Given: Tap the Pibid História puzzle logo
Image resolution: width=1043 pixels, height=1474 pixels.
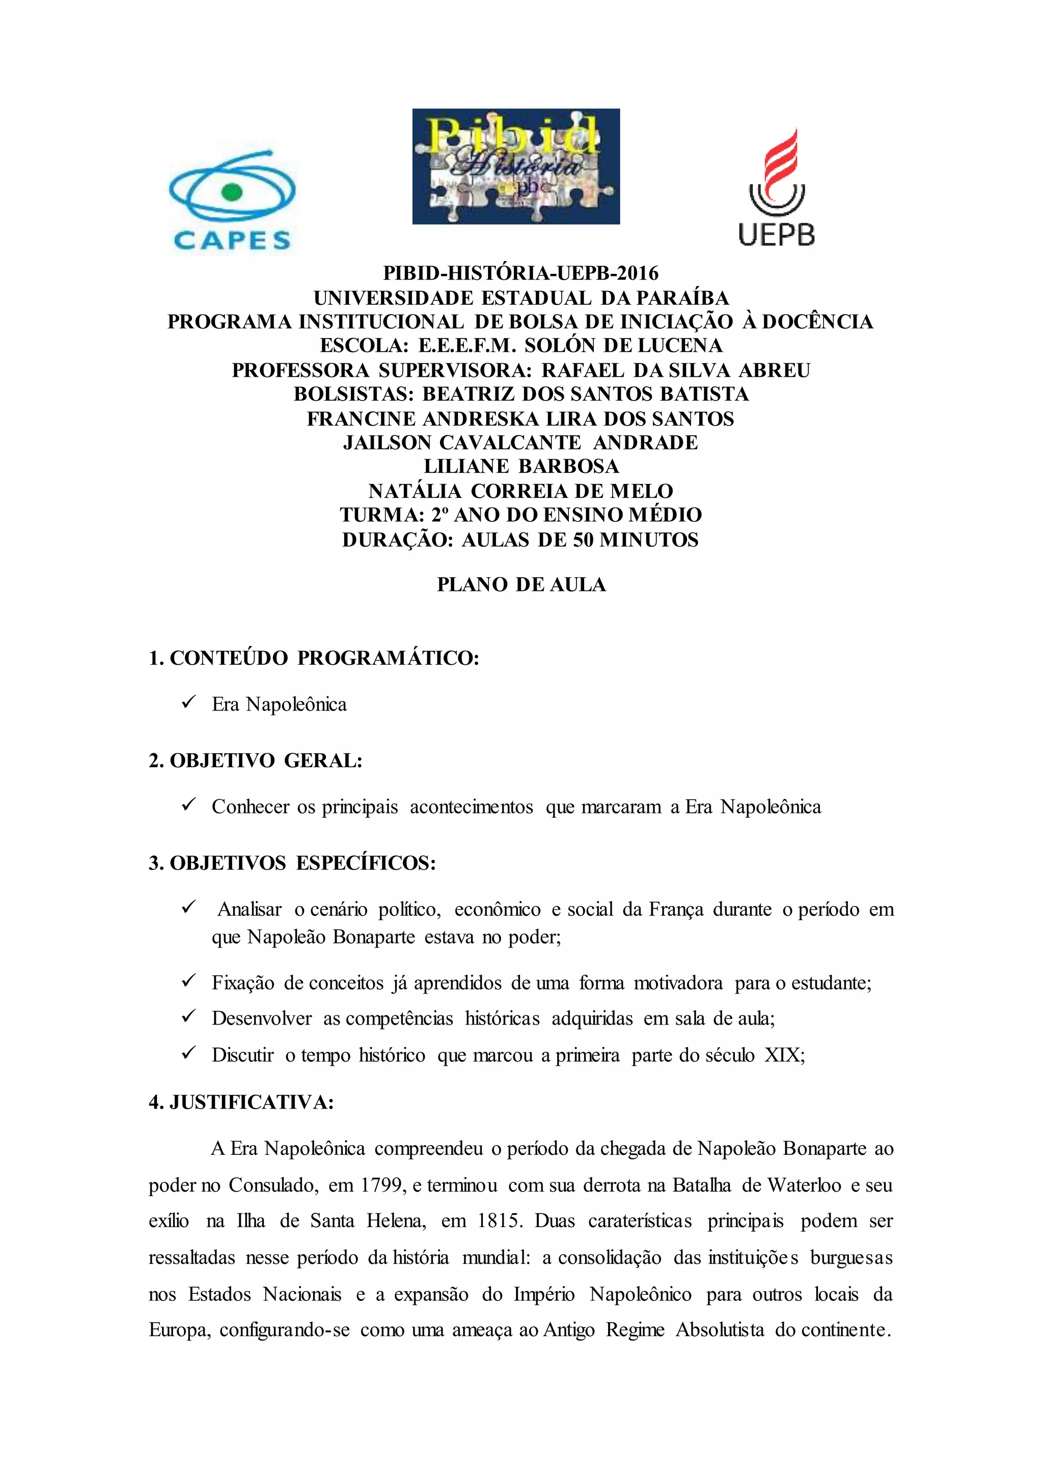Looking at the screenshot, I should coord(516,166).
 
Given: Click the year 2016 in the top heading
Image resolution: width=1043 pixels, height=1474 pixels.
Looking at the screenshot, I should coord(637,273).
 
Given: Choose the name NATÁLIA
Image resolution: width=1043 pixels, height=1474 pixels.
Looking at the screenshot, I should coord(415,491).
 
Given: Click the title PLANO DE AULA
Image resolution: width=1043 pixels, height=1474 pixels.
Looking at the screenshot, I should coord(521,585).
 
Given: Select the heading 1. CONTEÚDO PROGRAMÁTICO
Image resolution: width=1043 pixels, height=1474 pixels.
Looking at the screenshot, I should coord(314,658).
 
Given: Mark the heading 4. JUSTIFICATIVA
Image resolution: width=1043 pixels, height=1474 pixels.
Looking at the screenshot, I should coord(241,1102).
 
